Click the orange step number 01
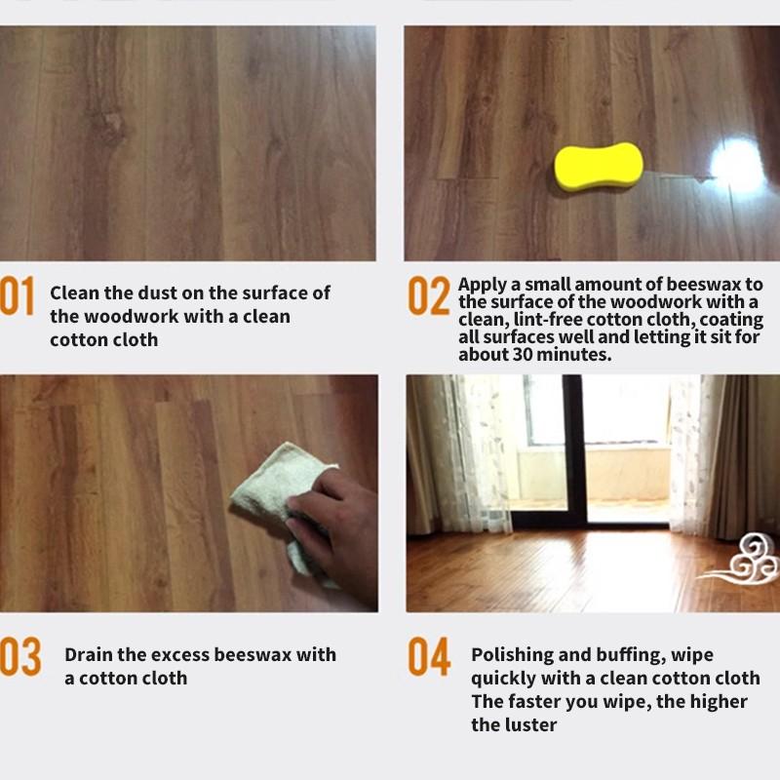(x=18, y=296)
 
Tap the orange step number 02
(x=428, y=296)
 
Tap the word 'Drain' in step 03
(x=91, y=654)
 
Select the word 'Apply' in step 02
(x=483, y=285)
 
